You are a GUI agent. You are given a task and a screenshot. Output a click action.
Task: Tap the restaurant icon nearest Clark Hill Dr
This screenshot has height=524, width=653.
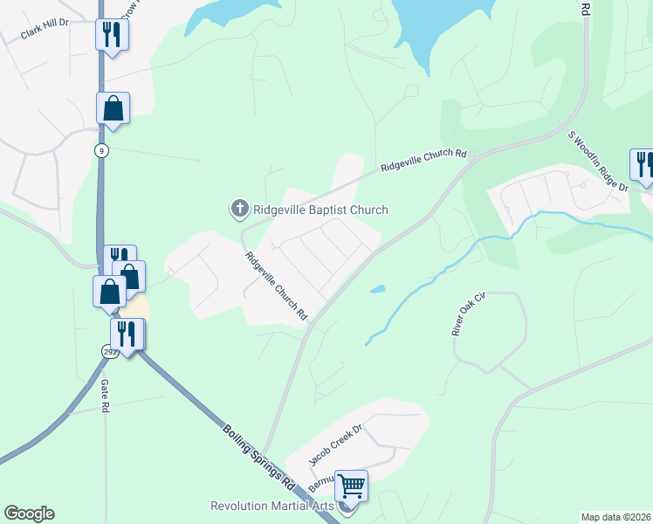click(112, 35)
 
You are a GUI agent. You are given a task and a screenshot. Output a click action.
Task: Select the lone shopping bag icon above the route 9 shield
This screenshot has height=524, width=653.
click(113, 108)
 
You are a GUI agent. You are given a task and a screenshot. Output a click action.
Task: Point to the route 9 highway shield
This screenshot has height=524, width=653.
click(102, 150)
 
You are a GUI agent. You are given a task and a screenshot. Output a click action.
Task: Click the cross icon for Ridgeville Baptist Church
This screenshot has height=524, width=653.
click(239, 209)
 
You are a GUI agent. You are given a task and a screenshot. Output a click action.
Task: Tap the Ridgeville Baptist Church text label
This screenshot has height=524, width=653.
click(320, 210)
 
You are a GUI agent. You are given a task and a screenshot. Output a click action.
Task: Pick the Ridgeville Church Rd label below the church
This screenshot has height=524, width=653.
click(277, 285)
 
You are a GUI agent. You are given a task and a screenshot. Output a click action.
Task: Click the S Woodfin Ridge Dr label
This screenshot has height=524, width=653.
click(598, 162)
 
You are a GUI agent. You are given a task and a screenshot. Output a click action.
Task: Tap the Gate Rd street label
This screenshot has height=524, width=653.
click(104, 397)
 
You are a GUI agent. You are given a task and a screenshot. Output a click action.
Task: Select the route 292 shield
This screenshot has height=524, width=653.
click(110, 351)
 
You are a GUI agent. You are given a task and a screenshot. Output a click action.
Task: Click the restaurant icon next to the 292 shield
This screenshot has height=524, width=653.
click(127, 334)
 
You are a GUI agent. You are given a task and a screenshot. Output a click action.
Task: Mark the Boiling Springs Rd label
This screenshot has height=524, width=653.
click(259, 456)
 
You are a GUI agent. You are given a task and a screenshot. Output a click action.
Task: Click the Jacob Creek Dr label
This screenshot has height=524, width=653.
click(336, 445)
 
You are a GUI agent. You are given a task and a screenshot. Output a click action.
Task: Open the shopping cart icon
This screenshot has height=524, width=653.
click(351, 486)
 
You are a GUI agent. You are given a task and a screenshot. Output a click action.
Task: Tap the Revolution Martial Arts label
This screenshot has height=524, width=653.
click(273, 507)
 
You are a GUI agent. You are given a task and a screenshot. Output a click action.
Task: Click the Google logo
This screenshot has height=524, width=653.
click(29, 514)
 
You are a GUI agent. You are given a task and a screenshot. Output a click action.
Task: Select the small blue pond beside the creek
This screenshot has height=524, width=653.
click(376, 289)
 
